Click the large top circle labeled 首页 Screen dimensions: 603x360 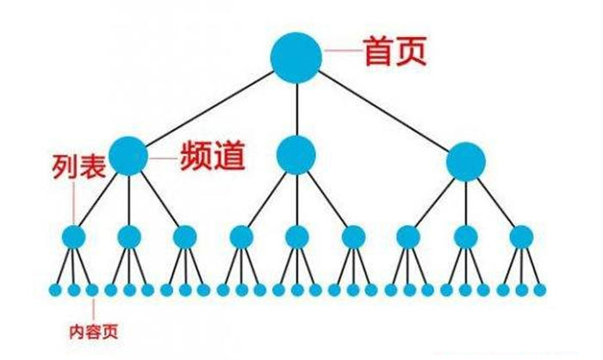point(296,58)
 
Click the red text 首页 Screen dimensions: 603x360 point(395,51)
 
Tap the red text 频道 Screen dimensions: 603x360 point(213,156)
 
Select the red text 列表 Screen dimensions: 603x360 point(79,166)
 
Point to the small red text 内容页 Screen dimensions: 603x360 point(93,332)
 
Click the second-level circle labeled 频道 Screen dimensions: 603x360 point(128,156)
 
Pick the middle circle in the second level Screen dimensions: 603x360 point(296,155)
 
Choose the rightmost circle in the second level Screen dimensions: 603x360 point(466,162)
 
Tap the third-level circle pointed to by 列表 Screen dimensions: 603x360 point(74,237)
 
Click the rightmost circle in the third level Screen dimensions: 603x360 point(521,237)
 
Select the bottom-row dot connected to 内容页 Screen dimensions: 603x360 point(92,290)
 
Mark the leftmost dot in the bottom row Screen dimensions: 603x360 point(55,290)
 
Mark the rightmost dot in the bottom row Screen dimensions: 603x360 point(539,290)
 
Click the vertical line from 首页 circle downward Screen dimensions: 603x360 point(297,109)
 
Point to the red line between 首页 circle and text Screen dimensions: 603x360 point(342,51)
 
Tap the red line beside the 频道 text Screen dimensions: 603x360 point(163,158)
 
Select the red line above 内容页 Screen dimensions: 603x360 point(93,310)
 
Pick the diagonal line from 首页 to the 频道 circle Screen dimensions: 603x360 point(209,109)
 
